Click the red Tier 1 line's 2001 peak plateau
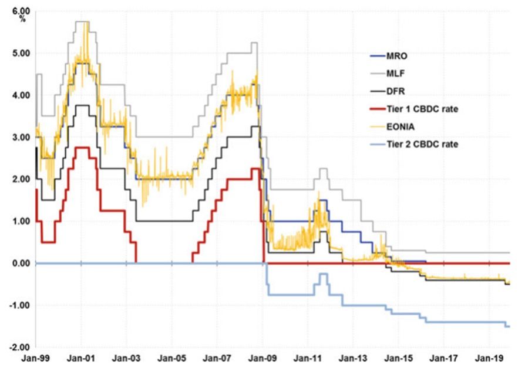click(x=82, y=148)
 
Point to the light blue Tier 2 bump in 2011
click(x=323, y=274)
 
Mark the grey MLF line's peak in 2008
click(x=254, y=43)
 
